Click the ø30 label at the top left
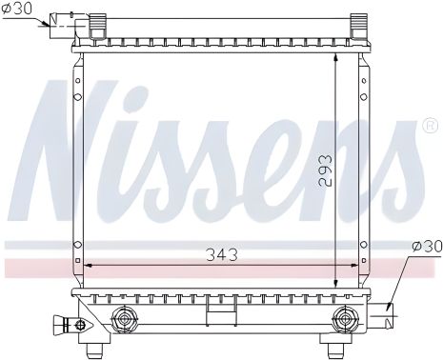point(18,9)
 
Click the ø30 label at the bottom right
point(427,246)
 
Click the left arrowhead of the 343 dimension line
point(89,267)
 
